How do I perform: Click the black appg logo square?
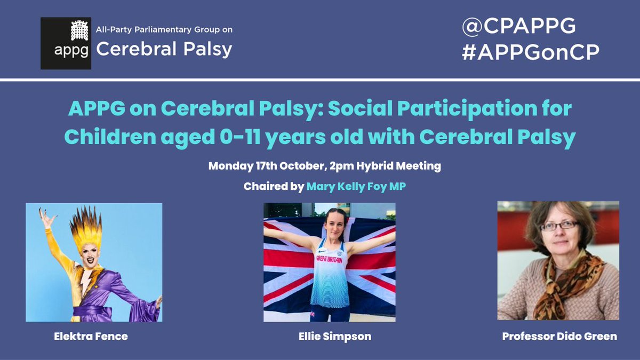[x=66, y=43]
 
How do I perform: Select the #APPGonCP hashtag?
[x=531, y=52]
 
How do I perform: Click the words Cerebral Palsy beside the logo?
[x=164, y=50]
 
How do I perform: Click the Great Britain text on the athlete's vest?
[x=330, y=259]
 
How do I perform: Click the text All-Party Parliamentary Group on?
[x=164, y=29]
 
